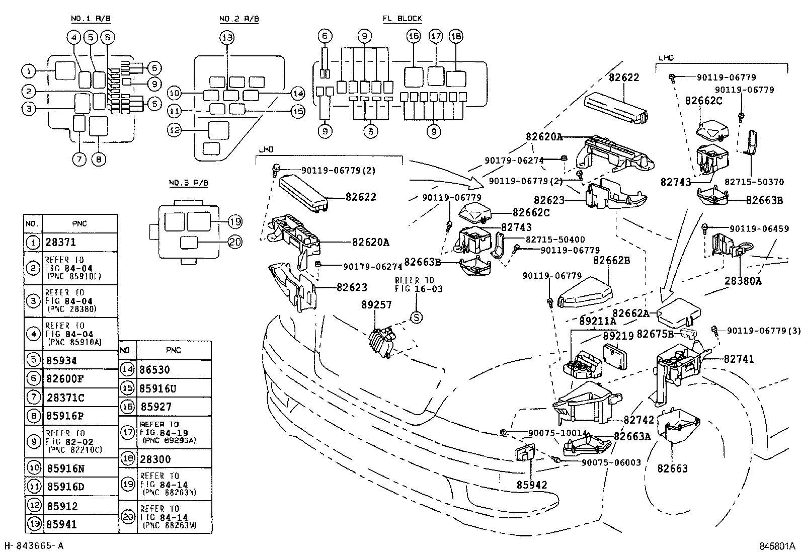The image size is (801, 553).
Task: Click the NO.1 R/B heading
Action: (x=91, y=19)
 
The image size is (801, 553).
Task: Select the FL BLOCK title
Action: (x=402, y=19)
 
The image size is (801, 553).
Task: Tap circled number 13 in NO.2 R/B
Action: (x=227, y=37)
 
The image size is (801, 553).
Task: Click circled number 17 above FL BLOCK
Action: (x=435, y=36)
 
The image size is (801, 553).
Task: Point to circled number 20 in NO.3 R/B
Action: (x=235, y=242)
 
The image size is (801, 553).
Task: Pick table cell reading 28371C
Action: (x=65, y=398)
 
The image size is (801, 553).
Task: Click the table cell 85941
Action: (x=62, y=524)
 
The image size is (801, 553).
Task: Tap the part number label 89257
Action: (x=376, y=305)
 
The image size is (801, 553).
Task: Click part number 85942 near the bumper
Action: (x=531, y=485)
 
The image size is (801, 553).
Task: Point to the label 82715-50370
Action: (x=761, y=182)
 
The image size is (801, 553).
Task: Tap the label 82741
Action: (x=739, y=359)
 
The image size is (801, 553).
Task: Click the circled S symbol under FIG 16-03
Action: (x=416, y=317)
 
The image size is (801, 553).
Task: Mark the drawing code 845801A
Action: (x=777, y=545)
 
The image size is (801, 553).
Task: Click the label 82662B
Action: (x=611, y=260)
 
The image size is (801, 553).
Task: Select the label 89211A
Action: (x=598, y=321)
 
